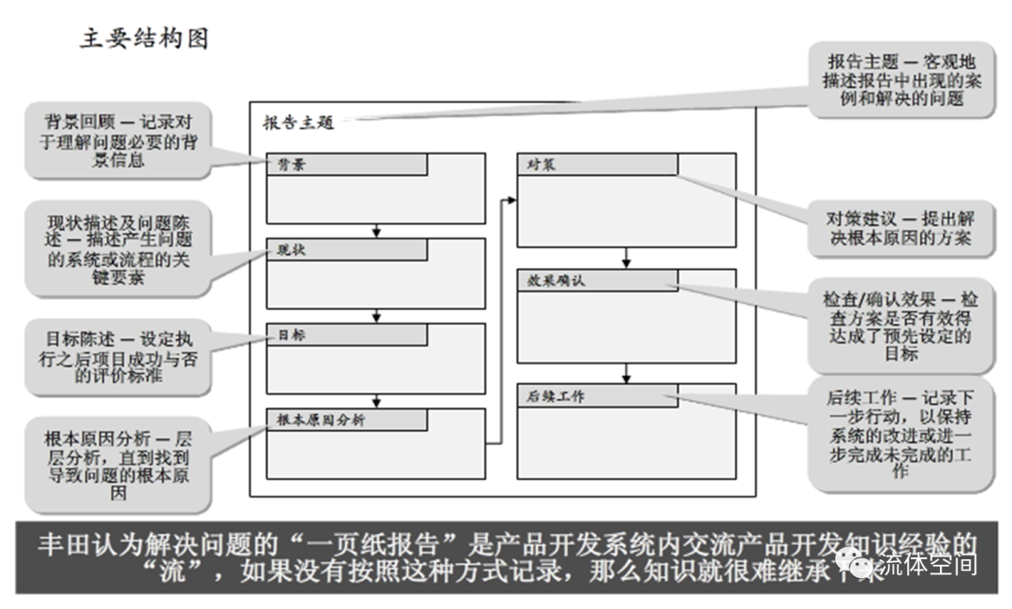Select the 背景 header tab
tap(347, 164)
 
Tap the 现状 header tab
tap(347, 249)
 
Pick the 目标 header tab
tap(347, 334)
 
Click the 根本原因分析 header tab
tap(347, 420)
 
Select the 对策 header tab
tap(597, 164)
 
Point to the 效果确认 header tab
tap(597, 280)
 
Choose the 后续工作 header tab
tap(597, 395)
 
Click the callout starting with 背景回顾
tap(116, 141)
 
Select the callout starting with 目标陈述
tap(116, 357)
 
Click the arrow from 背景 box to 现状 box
tap(376, 229)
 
